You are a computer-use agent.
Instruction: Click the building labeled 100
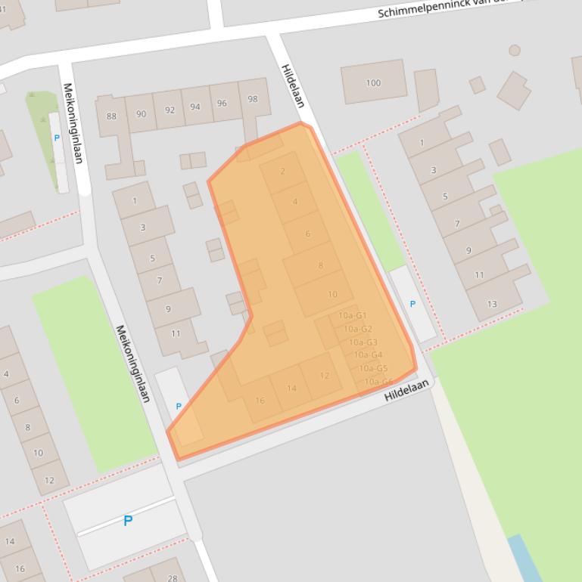coord(373,82)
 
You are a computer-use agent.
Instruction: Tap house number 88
coord(112,116)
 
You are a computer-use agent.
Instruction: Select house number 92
coord(170,110)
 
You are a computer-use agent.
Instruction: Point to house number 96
coord(222,104)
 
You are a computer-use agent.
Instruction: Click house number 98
coord(253,99)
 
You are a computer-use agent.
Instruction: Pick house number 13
coord(492,304)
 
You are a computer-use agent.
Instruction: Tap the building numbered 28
coord(173,578)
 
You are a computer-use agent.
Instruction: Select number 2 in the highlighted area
coord(283,171)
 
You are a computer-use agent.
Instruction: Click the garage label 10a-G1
coord(353,315)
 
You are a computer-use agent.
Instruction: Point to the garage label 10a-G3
coord(363,342)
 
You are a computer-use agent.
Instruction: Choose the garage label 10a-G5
coord(373,368)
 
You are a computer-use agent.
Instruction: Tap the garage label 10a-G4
coord(368,354)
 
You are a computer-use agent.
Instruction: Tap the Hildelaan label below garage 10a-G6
coord(406,391)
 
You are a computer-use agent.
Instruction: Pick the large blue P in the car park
coord(128,521)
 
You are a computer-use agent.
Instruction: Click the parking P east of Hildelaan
coord(412,304)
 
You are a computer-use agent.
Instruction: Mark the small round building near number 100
coord(515,51)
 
